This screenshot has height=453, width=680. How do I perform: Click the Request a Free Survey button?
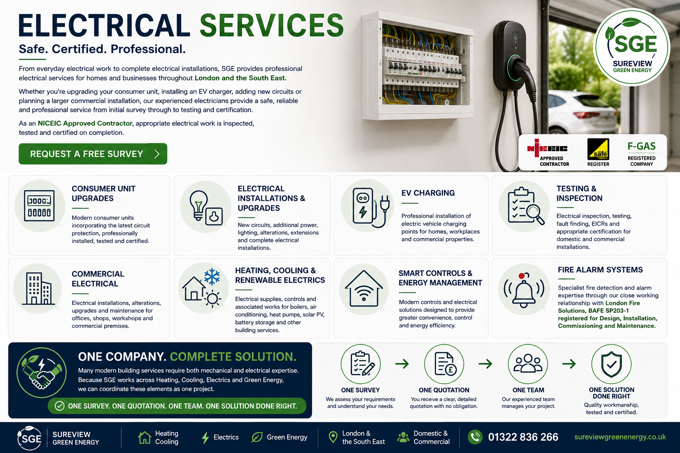pyautogui.click(x=93, y=154)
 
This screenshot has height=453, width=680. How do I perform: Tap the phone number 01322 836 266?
pyautogui.click(x=523, y=437)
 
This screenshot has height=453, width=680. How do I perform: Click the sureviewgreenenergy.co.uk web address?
pyautogui.click(x=620, y=437)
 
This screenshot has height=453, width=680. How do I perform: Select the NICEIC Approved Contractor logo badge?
pyautogui.click(x=548, y=153)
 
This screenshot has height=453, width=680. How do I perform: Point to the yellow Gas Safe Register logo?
pyautogui.click(x=598, y=149)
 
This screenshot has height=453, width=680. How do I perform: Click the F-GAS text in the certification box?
pyautogui.click(x=641, y=146)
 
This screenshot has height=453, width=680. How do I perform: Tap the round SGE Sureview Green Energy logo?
pyautogui.click(x=632, y=47)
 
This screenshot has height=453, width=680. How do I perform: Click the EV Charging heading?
pyautogui.click(x=428, y=193)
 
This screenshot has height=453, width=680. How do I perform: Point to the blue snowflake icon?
pyautogui.click(x=212, y=276)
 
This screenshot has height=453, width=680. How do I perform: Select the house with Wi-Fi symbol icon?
pyautogui.click(x=363, y=288)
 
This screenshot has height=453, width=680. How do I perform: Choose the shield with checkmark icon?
pyautogui.click(x=611, y=364)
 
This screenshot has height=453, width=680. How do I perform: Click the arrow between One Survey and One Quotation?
pyautogui.click(x=402, y=364)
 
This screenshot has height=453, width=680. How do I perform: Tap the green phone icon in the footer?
pyautogui.click(x=475, y=437)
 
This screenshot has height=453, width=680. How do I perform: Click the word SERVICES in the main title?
pyautogui.click(x=272, y=26)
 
